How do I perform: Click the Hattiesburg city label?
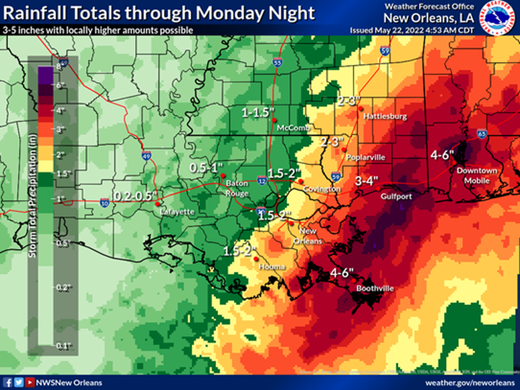tap(385, 117)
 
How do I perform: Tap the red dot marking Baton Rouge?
tap(223, 175)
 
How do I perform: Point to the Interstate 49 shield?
tap(147, 155)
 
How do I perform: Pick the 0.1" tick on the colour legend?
tap(61, 347)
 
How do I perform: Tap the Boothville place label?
tap(374, 288)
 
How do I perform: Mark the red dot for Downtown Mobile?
tap(455, 163)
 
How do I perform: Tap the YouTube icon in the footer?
tap(30, 383)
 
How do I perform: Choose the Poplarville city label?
tap(365, 158)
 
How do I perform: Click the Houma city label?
tap(272, 267)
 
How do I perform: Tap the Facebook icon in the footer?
tap(8, 383)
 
